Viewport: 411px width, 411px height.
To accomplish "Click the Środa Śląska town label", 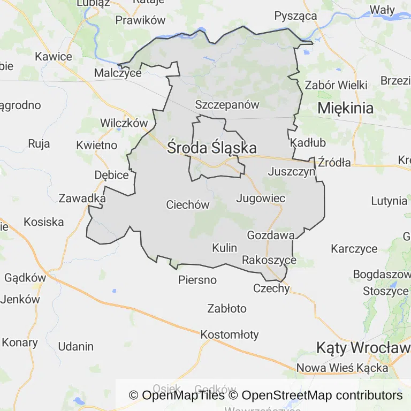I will (211, 148).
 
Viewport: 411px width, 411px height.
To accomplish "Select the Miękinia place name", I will (345, 108).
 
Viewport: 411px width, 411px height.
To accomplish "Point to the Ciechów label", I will (187, 204).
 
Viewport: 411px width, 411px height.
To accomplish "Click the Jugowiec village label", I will (261, 198).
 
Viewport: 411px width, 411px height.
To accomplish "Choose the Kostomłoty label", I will (229, 335).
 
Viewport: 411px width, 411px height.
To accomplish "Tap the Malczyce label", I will (117, 73).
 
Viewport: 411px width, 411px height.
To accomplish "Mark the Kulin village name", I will (224, 247).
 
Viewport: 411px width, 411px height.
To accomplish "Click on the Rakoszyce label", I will (269, 260).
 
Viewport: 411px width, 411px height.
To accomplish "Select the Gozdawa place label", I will (271, 235).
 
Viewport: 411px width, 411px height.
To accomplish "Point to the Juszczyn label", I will (292, 172).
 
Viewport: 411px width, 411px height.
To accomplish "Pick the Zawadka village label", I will (82, 198).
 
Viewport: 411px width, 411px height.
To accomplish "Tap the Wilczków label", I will (124, 123).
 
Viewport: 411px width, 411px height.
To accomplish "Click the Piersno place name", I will (197, 280).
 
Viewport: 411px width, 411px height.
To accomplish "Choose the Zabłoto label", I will (227, 308).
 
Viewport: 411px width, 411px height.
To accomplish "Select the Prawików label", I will (140, 21).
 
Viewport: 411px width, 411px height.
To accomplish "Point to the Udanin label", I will (75, 346).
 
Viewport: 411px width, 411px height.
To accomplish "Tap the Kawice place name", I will (53, 56).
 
